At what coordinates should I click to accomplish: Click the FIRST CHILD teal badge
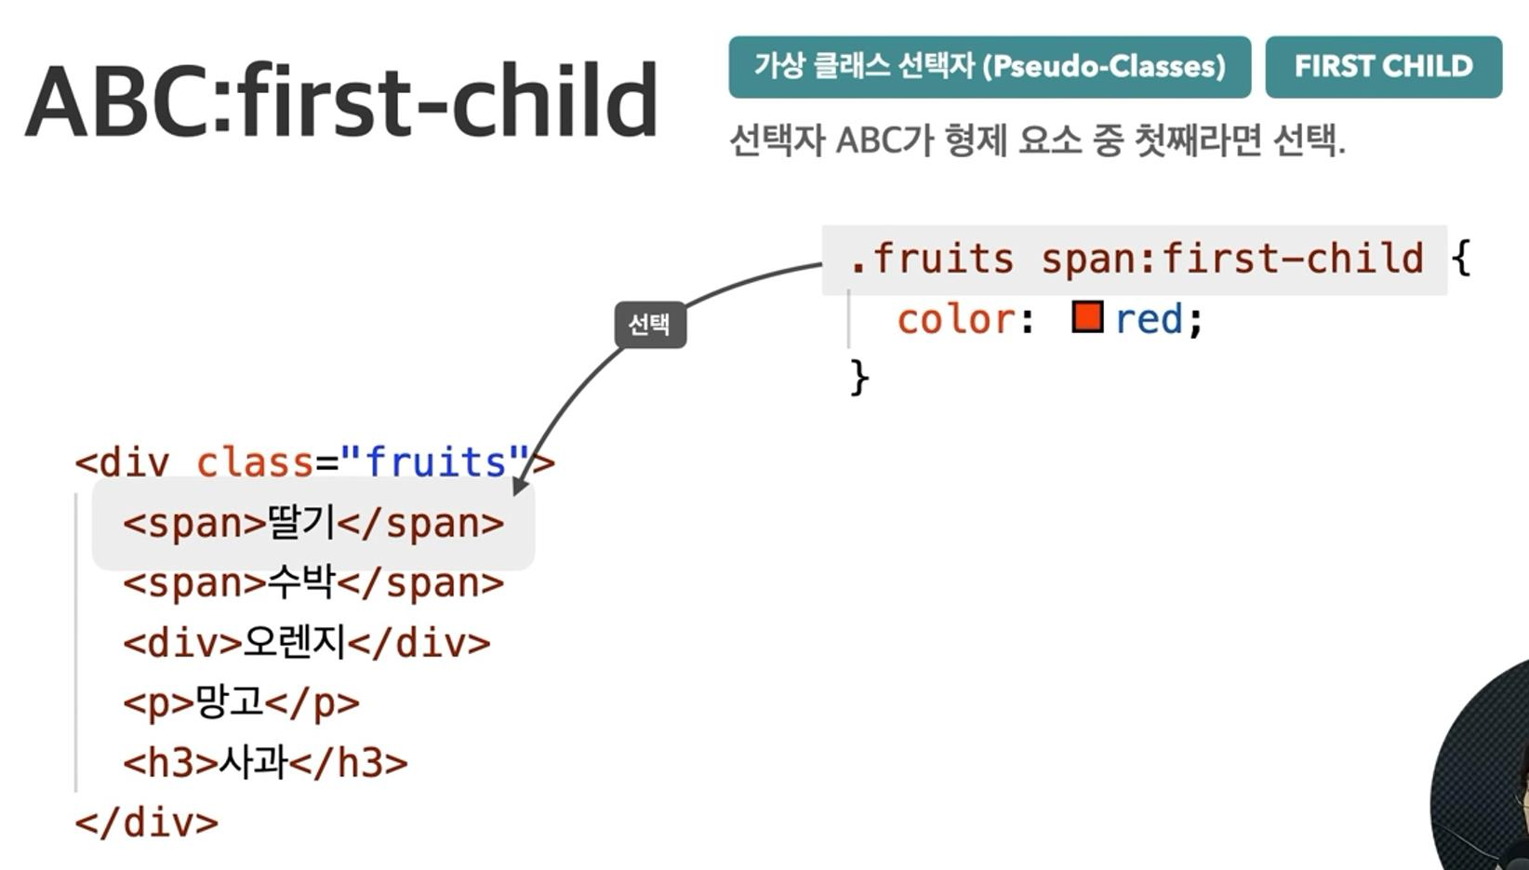pos(1384,67)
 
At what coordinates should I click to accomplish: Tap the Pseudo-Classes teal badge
pos(990,67)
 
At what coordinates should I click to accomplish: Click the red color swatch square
pos(1087,317)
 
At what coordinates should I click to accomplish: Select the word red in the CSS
pos(1149,319)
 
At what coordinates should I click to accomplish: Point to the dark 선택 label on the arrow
pos(650,325)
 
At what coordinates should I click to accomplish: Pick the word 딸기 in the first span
pos(301,523)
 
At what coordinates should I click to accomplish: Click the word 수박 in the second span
pos(301,582)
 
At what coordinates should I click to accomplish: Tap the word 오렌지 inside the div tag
pos(294,643)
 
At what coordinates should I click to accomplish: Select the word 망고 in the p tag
pos(230,702)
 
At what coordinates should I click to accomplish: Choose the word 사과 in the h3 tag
pos(253,761)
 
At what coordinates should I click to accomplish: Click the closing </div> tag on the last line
pos(147,823)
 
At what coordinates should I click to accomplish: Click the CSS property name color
pos(956,319)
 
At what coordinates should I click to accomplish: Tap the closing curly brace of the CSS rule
pos(860,378)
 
